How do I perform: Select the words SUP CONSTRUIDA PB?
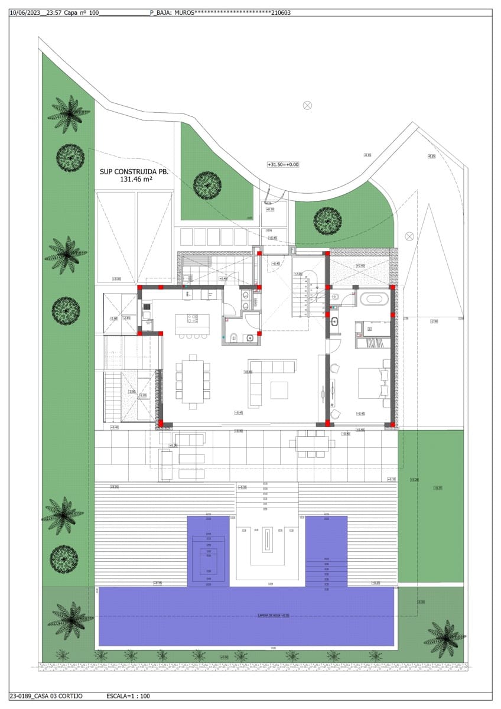(134, 171)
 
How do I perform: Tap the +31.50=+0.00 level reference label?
(284, 165)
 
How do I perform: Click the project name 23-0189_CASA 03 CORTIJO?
(46, 696)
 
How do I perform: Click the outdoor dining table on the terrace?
(312, 443)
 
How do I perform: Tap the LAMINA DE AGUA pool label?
(273, 616)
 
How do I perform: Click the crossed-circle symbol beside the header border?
(307, 105)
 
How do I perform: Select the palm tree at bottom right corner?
(444, 638)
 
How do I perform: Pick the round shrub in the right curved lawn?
(327, 220)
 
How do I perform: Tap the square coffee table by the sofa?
(279, 390)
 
